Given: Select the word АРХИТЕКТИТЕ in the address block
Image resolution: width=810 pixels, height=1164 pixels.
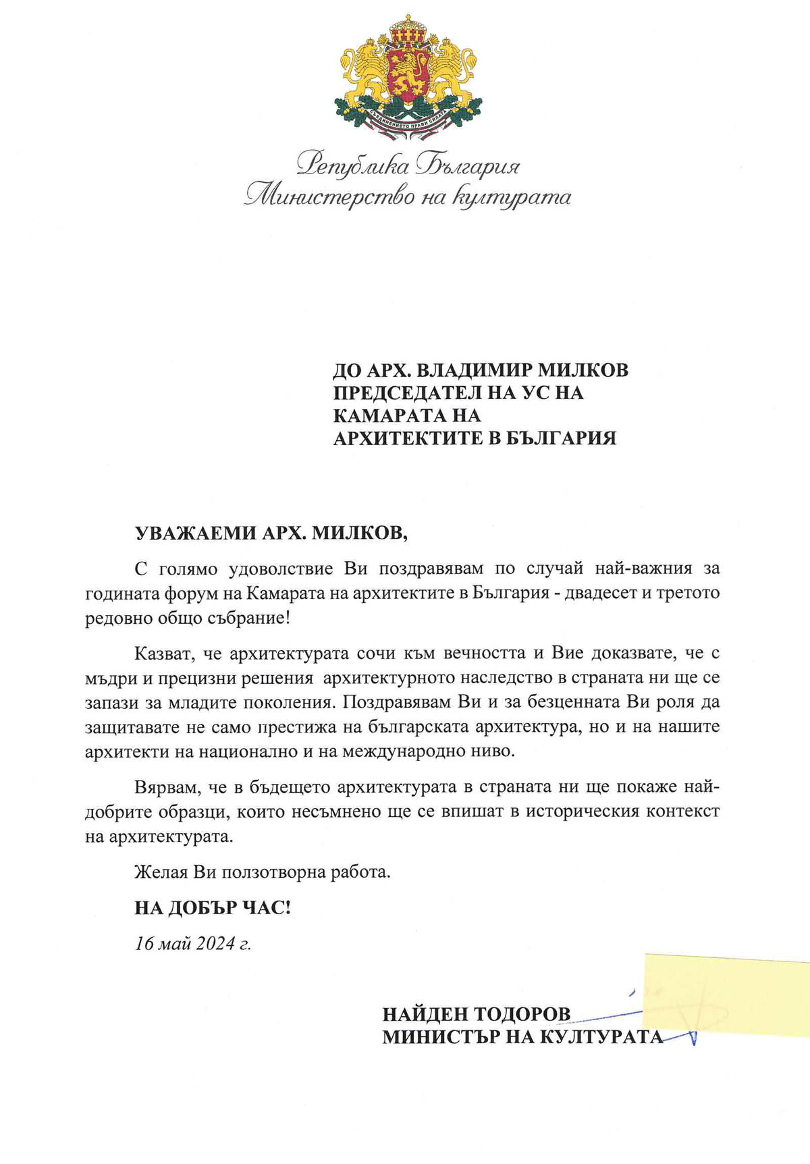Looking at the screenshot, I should pos(410,438).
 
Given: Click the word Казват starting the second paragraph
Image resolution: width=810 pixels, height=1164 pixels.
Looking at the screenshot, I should pos(164,653).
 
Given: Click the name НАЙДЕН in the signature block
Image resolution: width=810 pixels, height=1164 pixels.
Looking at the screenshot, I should pos(424,1015).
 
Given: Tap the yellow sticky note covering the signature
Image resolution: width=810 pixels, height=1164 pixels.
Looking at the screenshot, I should pos(726,995).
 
